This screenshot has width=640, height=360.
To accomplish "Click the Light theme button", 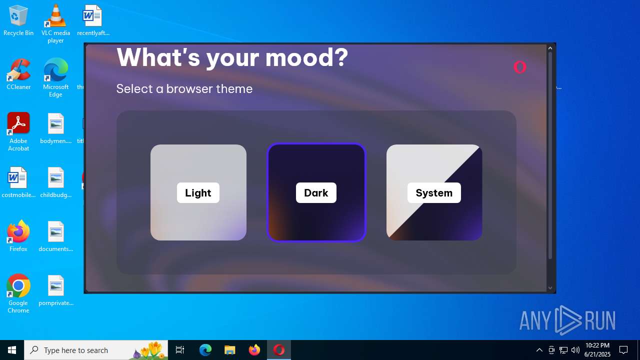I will (198, 192).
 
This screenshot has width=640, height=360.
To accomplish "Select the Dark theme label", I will (316, 193).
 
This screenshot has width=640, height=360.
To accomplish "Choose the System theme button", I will (434, 192).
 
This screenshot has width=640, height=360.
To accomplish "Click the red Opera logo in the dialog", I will (520, 67).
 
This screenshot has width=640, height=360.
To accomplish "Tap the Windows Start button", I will (12, 350).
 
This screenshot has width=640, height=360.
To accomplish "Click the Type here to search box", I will (95, 350).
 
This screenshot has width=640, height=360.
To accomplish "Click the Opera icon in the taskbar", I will (278, 350).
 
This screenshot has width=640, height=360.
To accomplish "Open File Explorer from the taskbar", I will (229, 350).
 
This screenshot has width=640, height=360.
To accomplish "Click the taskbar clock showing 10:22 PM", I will (597, 350).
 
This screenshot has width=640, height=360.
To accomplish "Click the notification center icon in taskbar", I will (623, 350).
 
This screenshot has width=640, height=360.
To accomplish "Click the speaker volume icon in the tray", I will (575, 350).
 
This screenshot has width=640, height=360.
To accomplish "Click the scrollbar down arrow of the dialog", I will (550, 288).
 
